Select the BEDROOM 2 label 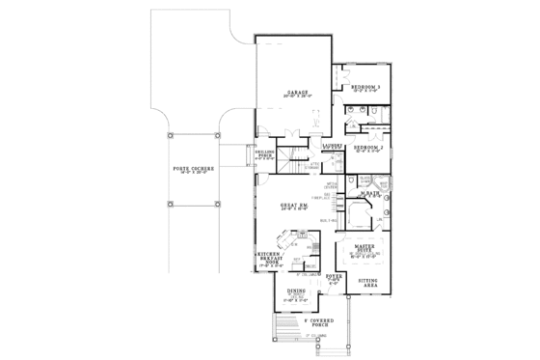[367, 148]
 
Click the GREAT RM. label [294, 204]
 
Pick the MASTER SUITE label [364, 251]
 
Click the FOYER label [334, 277]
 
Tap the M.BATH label [367, 194]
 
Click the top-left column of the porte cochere [169, 136]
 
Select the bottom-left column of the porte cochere [169, 205]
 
